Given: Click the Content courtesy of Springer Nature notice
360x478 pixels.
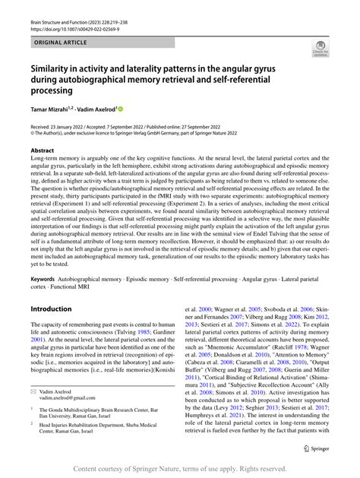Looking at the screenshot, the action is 179,468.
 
